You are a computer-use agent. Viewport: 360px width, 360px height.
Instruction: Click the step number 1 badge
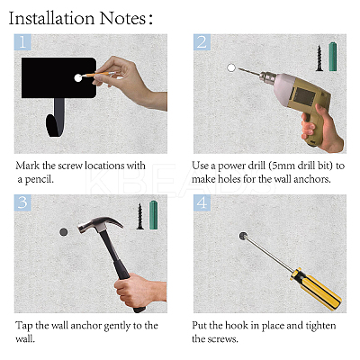[22, 42]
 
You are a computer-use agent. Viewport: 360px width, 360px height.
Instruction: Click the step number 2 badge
[202, 42]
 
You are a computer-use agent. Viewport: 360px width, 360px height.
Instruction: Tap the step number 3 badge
[22, 202]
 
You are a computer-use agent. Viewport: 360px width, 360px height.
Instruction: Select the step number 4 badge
[202, 202]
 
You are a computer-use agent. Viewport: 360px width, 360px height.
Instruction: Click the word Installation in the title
[51, 18]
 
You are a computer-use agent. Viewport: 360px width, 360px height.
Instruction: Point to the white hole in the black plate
[78, 77]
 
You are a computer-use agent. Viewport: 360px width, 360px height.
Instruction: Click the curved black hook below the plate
[56, 118]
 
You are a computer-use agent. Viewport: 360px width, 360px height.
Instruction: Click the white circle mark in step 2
[231, 67]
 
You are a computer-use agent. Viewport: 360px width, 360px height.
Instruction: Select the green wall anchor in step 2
[332, 57]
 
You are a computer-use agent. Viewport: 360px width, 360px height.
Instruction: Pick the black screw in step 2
[319, 58]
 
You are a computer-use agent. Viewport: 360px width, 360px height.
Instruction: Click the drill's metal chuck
[266, 78]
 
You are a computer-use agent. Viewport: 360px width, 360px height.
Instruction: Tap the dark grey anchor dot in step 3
[64, 232]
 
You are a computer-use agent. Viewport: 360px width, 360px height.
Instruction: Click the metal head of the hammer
[99, 224]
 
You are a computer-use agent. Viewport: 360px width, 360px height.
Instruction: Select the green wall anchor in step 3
[154, 215]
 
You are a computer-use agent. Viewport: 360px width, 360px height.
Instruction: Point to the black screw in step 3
[140, 216]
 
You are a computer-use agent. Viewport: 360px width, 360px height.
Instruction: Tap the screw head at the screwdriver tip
[243, 236]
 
